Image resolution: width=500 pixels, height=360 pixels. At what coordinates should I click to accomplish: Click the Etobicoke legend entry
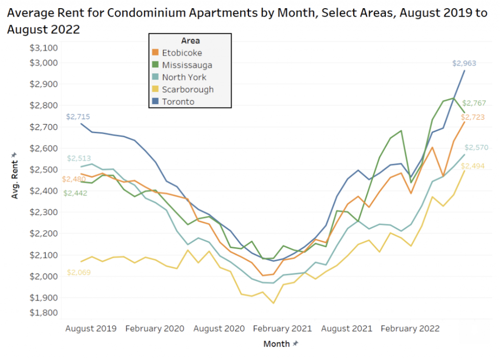pyautogui.click(x=182, y=53)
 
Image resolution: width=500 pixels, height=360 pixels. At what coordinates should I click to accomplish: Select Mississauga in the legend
pyautogui.click(x=187, y=65)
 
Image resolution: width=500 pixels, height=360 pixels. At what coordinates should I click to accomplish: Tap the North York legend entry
pyautogui.click(x=184, y=77)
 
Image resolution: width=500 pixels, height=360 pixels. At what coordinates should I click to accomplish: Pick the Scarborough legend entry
pyautogui.click(x=187, y=89)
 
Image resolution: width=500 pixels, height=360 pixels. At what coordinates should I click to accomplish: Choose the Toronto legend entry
pyautogui.click(x=178, y=102)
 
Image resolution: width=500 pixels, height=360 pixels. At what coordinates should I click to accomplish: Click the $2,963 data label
pyautogui.click(x=464, y=63)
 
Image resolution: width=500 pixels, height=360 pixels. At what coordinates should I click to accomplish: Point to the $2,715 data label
pyautogui.click(x=78, y=117)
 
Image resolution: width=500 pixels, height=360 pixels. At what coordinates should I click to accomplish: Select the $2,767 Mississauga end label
pyautogui.click(x=473, y=103)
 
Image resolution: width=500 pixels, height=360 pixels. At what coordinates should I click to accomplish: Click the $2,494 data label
pyautogui.click(x=473, y=166)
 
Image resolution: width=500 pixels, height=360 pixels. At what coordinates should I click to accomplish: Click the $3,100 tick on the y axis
pyautogui.click(x=45, y=48)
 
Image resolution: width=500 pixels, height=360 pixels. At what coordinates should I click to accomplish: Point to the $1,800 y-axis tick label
pyautogui.click(x=45, y=313)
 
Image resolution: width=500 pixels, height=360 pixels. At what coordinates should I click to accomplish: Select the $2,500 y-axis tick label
pyautogui.click(x=45, y=169)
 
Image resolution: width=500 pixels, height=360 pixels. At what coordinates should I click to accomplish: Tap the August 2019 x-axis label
pyautogui.click(x=91, y=328)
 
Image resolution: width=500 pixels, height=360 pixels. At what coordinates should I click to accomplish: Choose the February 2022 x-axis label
pyautogui.click(x=410, y=328)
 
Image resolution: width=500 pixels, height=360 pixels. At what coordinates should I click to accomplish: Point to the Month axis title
pyautogui.click(x=276, y=344)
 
